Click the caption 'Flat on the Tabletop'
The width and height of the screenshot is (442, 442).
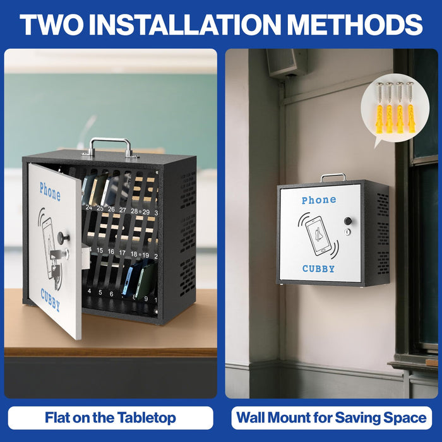(x=110, y=417)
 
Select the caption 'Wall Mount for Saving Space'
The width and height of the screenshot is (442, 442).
(x=331, y=417)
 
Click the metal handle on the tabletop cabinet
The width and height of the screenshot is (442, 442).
(x=110, y=146)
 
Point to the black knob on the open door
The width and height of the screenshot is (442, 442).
(x=63, y=237)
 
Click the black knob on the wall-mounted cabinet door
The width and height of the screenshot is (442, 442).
(x=347, y=222)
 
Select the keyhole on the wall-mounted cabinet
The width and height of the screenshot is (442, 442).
(x=347, y=232)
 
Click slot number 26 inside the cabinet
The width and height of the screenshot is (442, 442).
(x=111, y=209)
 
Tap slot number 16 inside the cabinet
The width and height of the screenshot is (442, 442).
(x=111, y=251)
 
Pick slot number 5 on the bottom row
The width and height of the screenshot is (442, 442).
(x=100, y=293)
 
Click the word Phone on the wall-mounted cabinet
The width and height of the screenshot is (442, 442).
(x=319, y=200)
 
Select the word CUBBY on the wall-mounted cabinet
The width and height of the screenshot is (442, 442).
(x=318, y=268)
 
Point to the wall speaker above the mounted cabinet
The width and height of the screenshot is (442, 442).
(x=286, y=62)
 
